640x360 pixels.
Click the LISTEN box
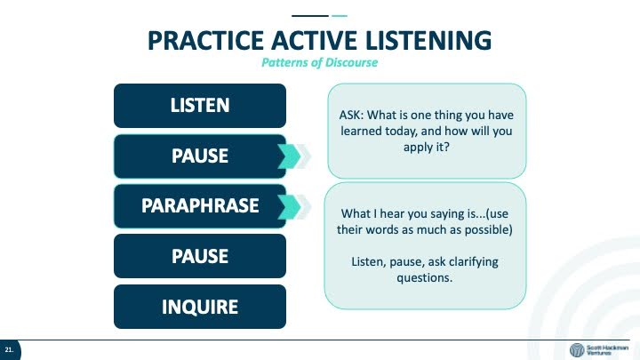point(200,106)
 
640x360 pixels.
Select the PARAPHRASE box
point(200,205)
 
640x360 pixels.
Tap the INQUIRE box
point(200,307)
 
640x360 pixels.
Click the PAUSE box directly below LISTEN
point(200,156)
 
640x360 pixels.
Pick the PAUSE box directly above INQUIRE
point(200,256)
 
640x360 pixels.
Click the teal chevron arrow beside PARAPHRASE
point(290,206)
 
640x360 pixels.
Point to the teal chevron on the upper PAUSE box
point(290,156)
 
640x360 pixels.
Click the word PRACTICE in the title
point(205,40)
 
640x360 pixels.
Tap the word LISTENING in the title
point(428,40)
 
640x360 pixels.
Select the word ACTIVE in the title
point(315,40)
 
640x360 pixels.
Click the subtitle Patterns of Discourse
point(320,62)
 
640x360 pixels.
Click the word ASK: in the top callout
point(351,115)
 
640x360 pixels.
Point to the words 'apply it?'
point(426,147)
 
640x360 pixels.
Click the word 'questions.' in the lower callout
point(425,278)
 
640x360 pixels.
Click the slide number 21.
point(9,350)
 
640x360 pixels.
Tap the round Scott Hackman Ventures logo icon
point(577,350)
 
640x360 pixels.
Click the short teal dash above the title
point(340,16)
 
